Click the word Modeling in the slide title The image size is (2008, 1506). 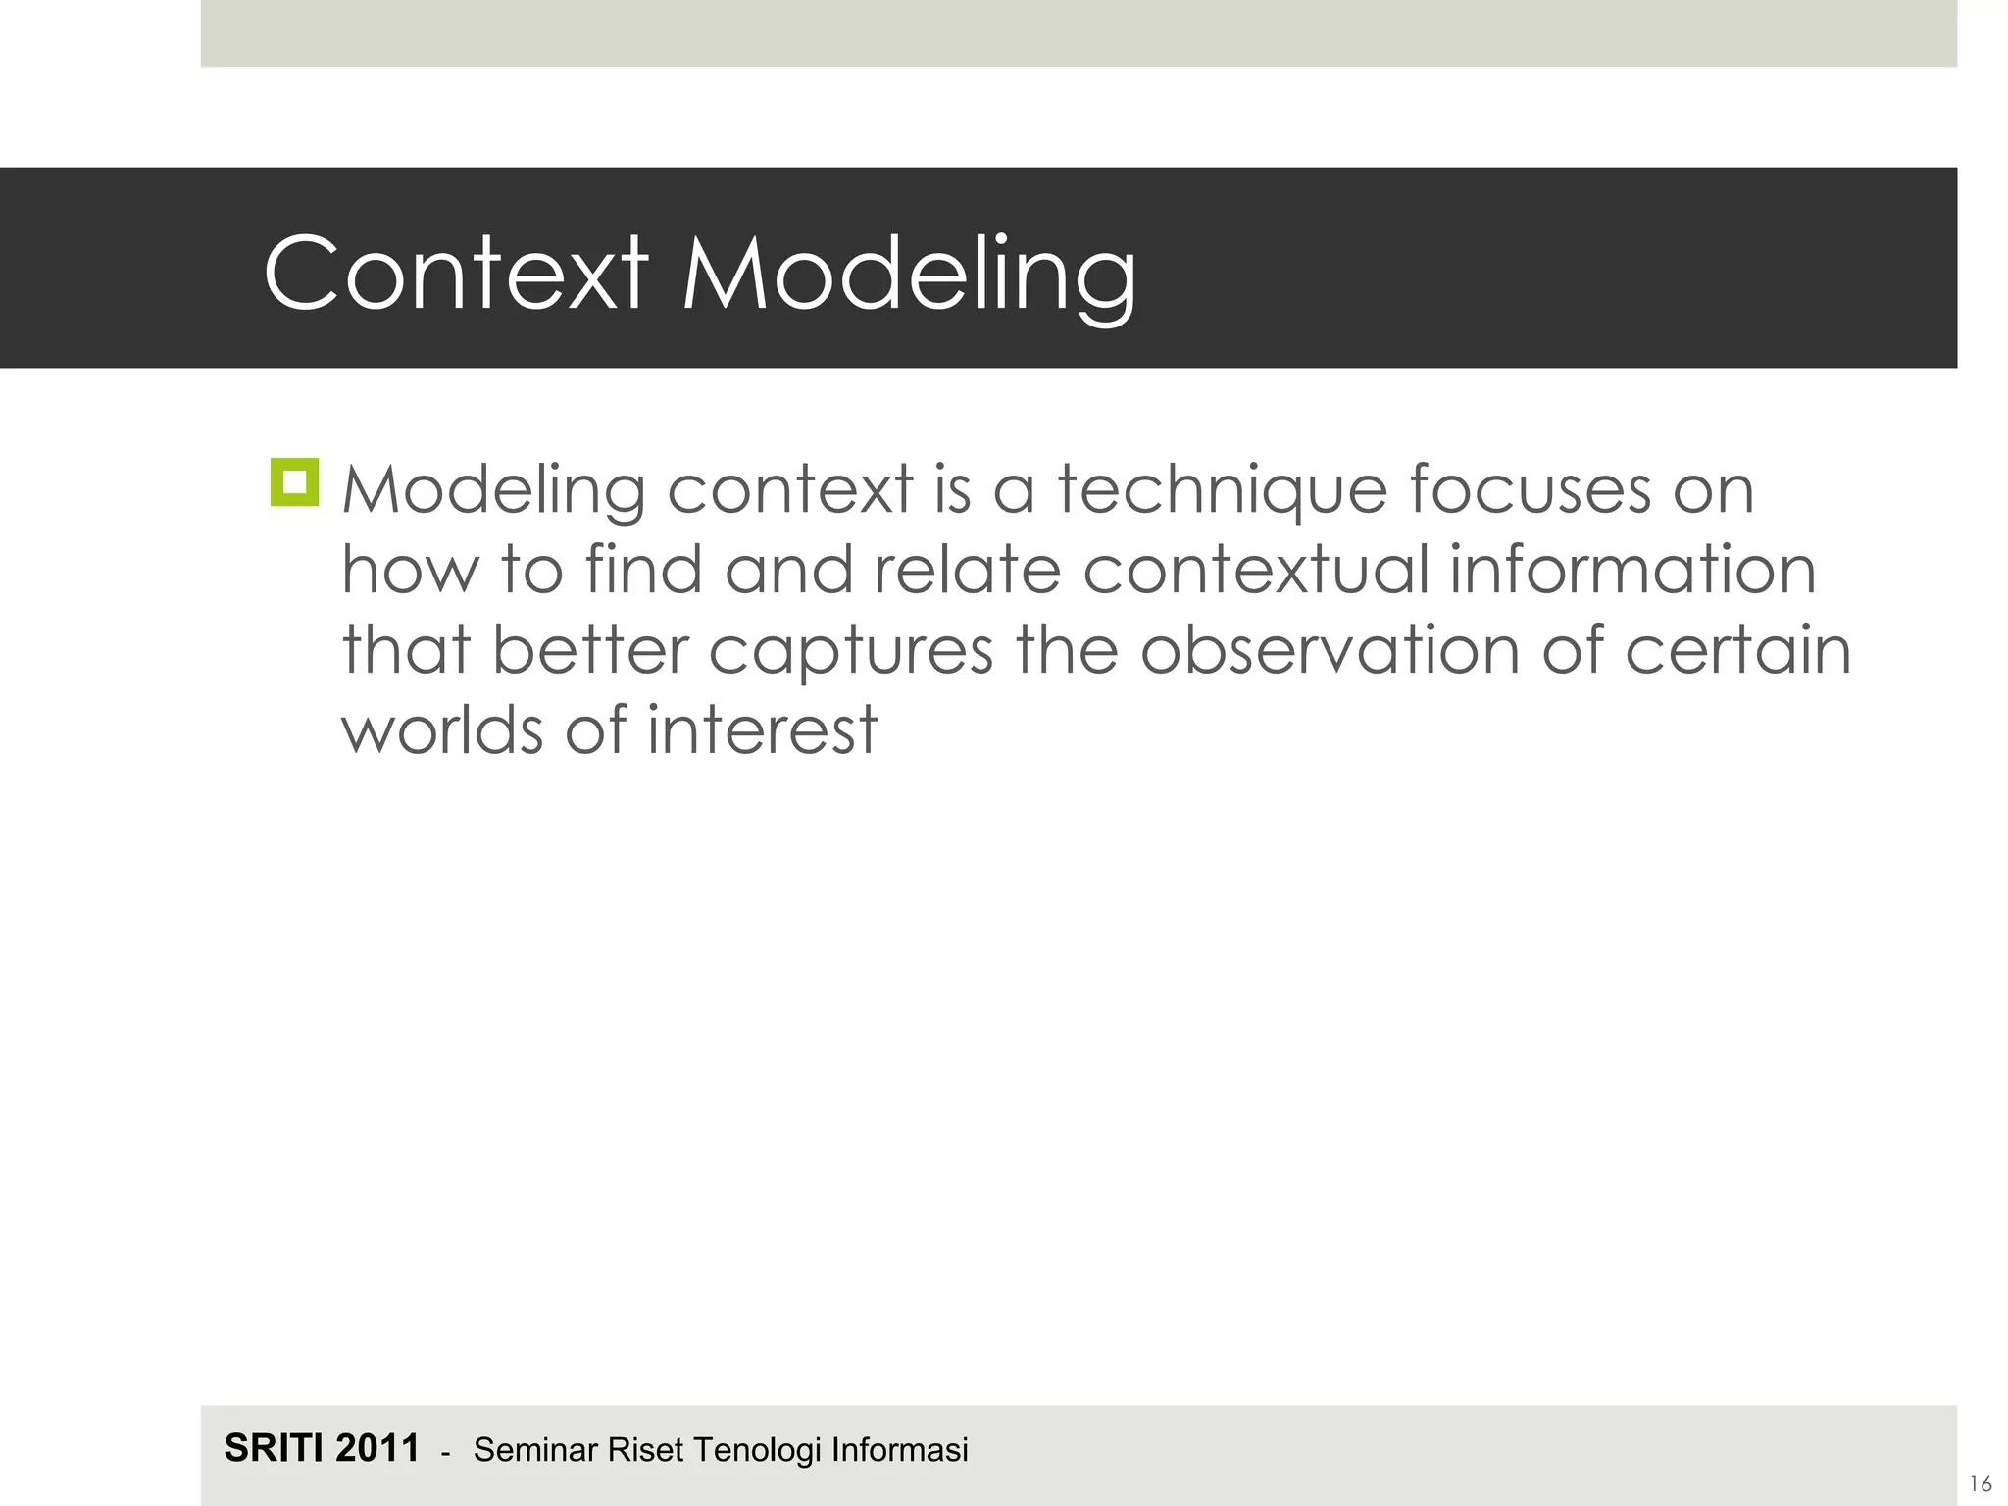click(909, 276)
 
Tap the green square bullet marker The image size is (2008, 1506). click(294, 482)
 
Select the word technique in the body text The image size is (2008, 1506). click(1222, 490)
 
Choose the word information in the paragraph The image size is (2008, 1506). click(1632, 570)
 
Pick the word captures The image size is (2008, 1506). click(851, 653)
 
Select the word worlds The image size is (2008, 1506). click(442, 730)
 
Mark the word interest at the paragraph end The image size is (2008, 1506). click(762, 730)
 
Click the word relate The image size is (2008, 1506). click(967, 570)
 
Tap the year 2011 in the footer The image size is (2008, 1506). click(377, 1448)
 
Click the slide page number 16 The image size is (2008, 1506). click(1980, 1483)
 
